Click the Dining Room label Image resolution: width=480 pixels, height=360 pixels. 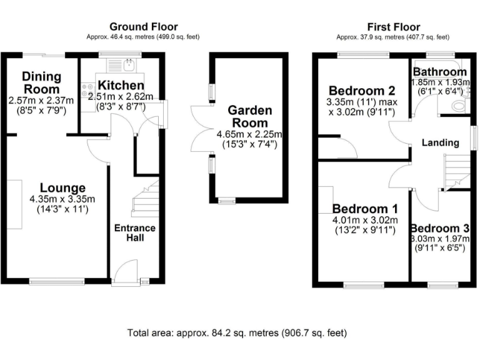[x=42, y=82]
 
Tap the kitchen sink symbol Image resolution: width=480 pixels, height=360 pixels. [x=129, y=64]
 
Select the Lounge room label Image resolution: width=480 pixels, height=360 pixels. [x=62, y=187]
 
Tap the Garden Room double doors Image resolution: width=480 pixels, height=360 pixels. [x=201, y=128]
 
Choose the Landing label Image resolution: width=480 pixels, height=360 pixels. [x=440, y=143]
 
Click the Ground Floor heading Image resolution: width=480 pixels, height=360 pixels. [x=144, y=27]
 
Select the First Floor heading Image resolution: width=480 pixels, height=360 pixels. [x=393, y=27]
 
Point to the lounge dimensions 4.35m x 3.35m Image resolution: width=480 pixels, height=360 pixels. [x=62, y=200]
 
